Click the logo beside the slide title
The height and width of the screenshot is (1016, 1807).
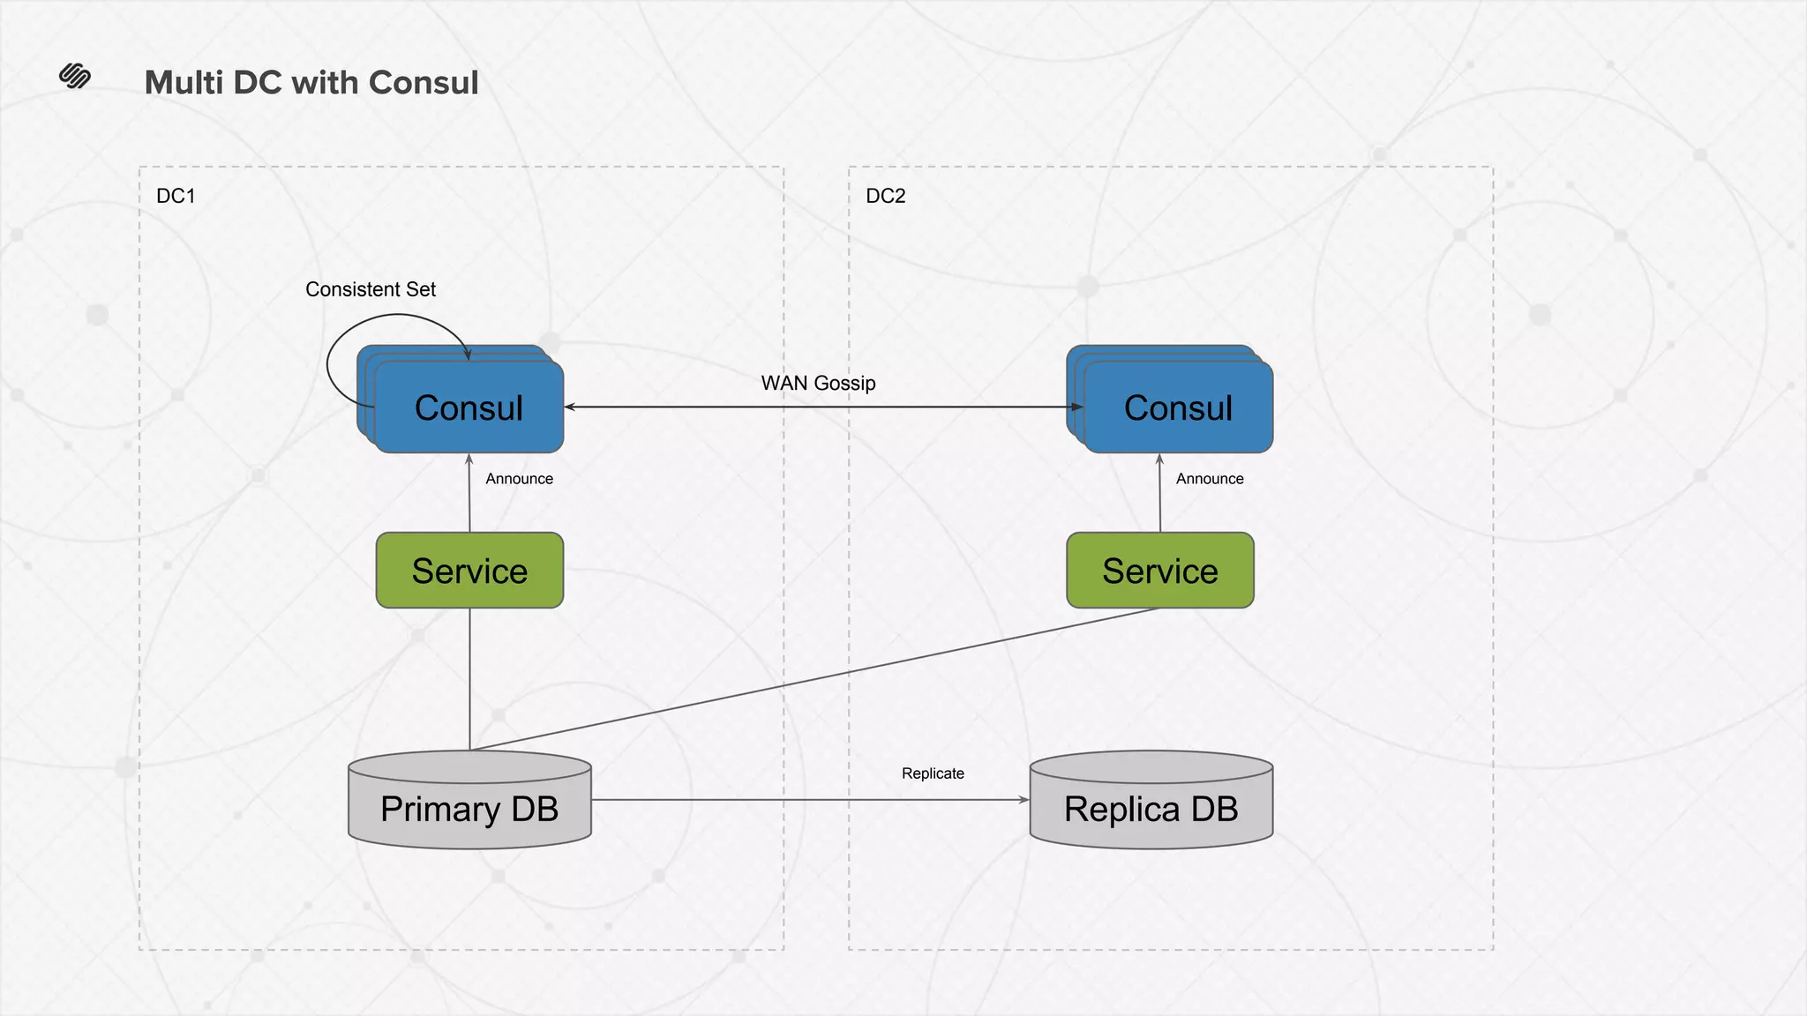75,77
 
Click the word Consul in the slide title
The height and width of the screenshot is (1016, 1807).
424,83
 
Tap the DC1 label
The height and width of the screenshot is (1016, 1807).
176,196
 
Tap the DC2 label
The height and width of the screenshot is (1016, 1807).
886,196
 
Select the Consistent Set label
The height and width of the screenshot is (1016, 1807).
371,289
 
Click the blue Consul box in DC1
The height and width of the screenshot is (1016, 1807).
469,408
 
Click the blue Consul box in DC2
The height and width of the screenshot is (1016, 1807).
1179,408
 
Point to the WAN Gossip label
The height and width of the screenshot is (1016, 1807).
818,383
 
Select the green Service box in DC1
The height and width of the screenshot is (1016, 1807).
469,571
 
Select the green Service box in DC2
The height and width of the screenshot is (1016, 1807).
1160,571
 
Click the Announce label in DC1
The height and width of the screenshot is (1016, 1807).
519,479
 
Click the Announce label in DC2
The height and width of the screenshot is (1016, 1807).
1210,479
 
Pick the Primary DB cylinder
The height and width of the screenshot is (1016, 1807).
469,808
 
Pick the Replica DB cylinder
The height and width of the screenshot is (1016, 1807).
1151,808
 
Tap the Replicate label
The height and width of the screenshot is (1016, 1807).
933,773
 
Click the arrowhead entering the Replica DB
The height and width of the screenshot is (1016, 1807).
1024,800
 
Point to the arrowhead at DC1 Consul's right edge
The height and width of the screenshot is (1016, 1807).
570,407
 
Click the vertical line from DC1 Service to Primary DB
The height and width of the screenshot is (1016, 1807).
469,679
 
